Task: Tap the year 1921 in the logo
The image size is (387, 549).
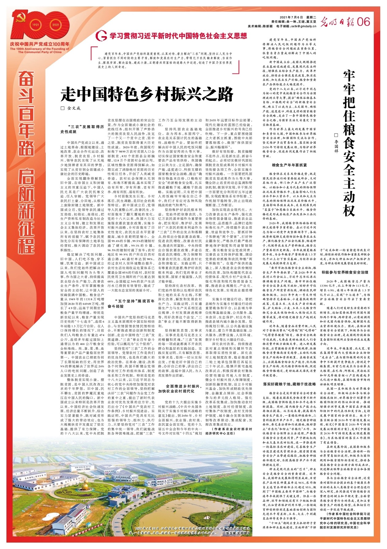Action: pyautogui.click(x=36, y=25)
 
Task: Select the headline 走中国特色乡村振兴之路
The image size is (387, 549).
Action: pyautogui.click(x=147, y=94)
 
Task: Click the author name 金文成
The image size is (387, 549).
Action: pyautogui.click(x=73, y=108)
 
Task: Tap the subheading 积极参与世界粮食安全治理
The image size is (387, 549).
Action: pyautogui.click(x=345, y=272)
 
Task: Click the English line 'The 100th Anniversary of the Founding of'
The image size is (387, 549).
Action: pyautogui.click(x=40, y=49)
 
